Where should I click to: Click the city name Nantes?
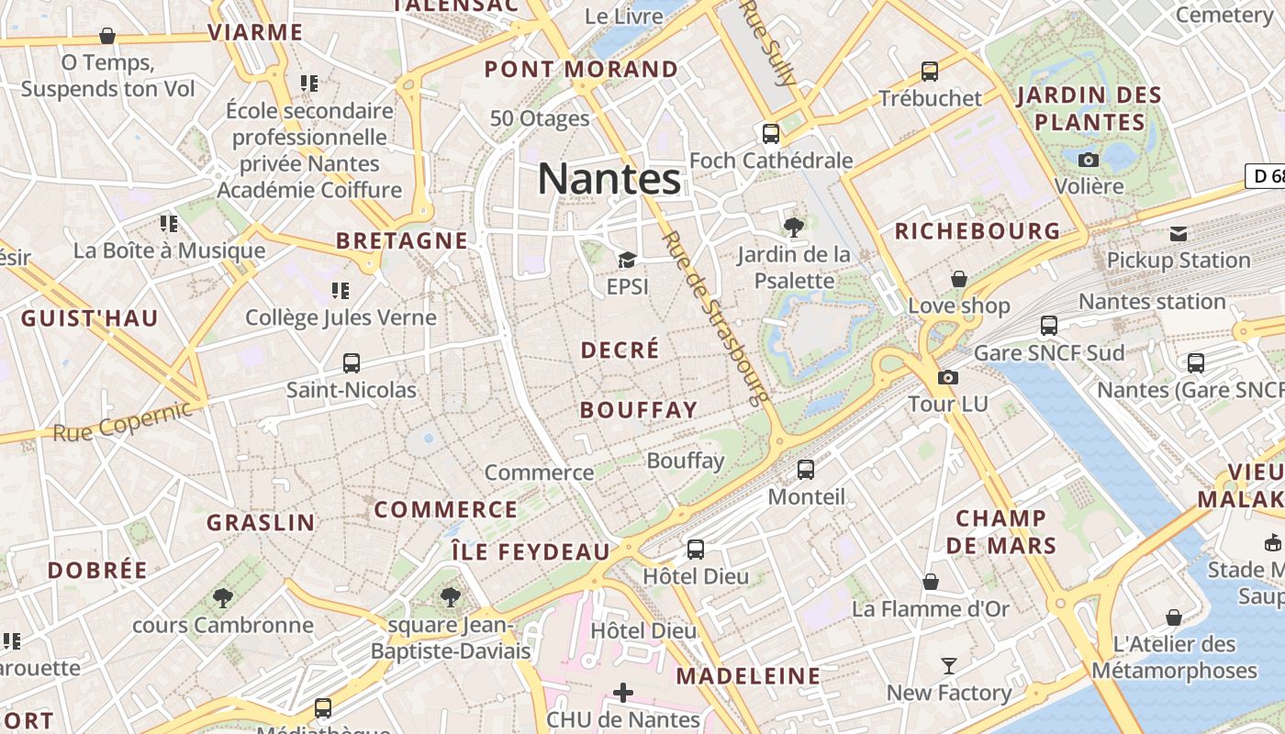click(x=609, y=179)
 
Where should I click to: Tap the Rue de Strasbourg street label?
click(x=715, y=317)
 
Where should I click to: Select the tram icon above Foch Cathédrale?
click(x=771, y=134)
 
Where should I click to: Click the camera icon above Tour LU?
click(x=948, y=377)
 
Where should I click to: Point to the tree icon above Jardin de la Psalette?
click(x=794, y=227)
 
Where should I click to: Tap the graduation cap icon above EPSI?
click(x=627, y=261)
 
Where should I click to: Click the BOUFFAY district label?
click(x=639, y=410)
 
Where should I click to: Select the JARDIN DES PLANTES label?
click(x=1089, y=108)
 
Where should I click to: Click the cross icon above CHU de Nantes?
click(x=623, y=692)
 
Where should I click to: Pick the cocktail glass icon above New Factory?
click(x=949, y=665)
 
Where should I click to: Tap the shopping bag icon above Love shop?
click(x=959, y=278)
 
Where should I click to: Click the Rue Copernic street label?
click(x=123, y=420)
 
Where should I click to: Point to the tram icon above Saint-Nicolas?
click(x=352, y=362)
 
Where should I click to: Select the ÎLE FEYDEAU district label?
click(x=531, y=551)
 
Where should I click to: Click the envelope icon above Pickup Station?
click(x=1179, y=233)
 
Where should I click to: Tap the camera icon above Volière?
click(x=1089, y=160)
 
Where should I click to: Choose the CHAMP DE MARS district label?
click(x=1001, y=532)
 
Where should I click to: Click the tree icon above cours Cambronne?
click(x=222, y=598)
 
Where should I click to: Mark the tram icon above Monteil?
click(x=806, y=470)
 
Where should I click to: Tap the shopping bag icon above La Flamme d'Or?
click(x=931, y=582)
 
